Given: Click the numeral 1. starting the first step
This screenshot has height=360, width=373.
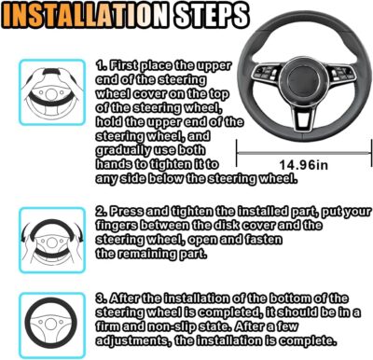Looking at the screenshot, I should [x=101, y=66].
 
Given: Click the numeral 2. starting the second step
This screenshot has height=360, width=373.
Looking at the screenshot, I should [x=101, y=212].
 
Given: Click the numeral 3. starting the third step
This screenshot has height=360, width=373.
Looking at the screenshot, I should [x=101, y=298].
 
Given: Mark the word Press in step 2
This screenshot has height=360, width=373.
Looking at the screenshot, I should [x=128, y=212].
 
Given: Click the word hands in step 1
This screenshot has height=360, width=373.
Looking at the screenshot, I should [x=116, y=163].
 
